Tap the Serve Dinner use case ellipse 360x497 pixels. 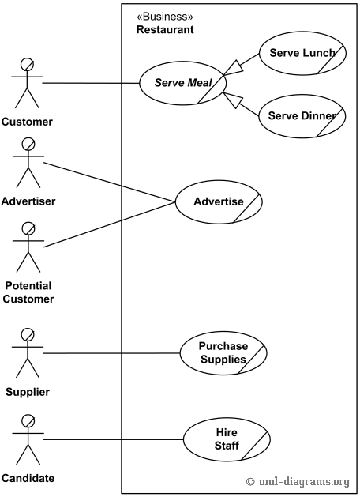(302, 116)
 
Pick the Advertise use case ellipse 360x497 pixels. (219, 201)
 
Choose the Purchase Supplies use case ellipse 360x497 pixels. (223, 352)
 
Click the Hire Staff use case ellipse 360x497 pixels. (226, 439)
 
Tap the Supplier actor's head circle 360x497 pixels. (28, 334)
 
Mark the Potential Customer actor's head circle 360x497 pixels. (28, 228)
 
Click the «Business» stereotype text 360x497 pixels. (165, 17)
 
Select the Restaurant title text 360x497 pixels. (165, 30)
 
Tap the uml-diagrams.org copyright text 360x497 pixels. (298, 481)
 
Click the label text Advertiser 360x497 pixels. (28, 201)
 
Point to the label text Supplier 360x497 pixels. (28, 392)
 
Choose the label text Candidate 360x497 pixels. (28, 478)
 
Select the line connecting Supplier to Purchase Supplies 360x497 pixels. (111, 353)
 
